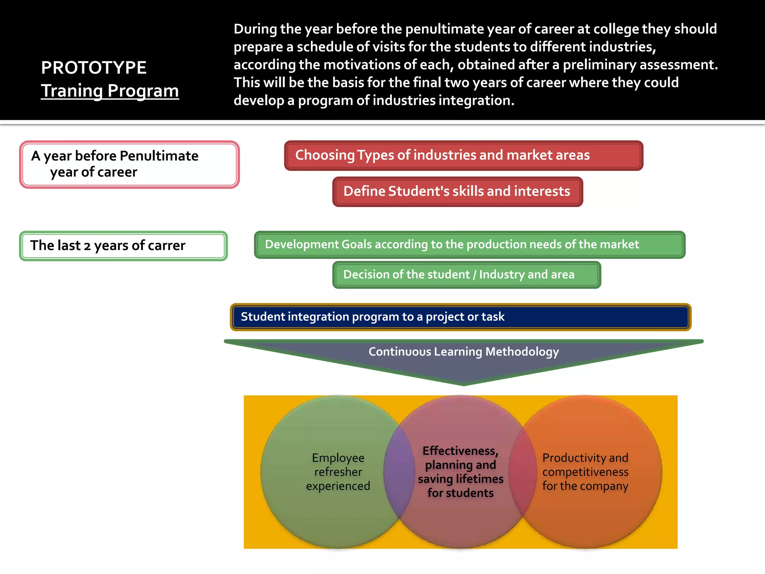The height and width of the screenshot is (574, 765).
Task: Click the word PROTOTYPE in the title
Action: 93,68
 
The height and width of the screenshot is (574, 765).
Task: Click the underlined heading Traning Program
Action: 110,91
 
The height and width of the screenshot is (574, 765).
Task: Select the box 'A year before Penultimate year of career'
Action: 129,164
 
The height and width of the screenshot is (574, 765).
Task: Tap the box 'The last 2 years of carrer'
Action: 123,246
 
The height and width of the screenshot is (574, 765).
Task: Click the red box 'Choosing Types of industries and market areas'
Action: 463,155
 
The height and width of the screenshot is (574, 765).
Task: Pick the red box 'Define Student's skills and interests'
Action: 457,191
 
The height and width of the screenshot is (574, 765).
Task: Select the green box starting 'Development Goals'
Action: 469,244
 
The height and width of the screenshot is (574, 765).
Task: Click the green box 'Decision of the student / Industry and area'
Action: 466,275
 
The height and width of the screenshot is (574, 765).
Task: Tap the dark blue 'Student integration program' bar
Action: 460,317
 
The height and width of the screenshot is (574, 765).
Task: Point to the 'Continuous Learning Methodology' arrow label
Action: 464,352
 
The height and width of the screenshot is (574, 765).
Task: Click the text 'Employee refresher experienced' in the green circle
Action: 338,472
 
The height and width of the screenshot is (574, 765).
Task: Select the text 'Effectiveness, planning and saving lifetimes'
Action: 461,472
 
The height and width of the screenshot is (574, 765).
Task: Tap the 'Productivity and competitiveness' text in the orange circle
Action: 585,472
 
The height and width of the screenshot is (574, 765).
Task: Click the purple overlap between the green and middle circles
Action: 399,472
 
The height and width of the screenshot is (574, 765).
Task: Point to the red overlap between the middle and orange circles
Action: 523,472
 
